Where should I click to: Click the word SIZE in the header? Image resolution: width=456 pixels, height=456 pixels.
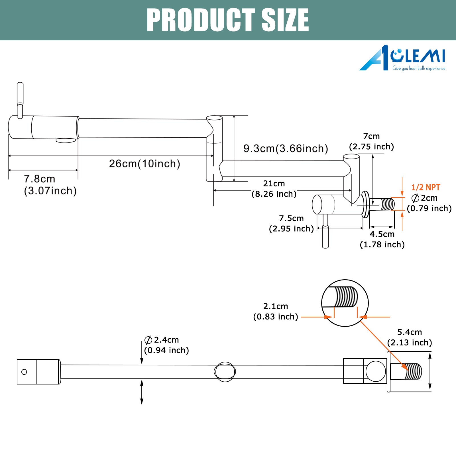pyautogui.click(x=285, y=20)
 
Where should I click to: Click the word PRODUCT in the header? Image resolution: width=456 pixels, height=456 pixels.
pyautogui.click(x=201, y=20)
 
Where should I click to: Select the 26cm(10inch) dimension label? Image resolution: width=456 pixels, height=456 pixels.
pyautogui.click(x=144, y=164)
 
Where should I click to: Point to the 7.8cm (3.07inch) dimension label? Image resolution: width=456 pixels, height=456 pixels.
pyautogui.click(x=50, y=185)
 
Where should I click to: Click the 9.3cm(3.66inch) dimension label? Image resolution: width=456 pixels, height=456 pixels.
pyautogui.click(x=286, y=148)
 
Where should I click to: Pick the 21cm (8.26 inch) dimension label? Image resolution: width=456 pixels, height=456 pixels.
pyautogui.click(x=274, y=189)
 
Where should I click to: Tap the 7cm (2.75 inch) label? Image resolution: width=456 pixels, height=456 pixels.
pyautogui.click(x=371, y=141)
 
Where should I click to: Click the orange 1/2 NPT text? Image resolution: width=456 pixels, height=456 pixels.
pyautogui.click(x=426, y=187)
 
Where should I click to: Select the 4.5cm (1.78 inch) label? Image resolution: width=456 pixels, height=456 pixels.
pyautogui.click(x=382, y=239)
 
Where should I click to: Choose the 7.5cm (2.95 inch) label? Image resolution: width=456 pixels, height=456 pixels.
pyautogui.click(x=291, y=223)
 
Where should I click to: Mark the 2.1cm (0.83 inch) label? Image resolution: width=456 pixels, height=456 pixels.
pyautogui.click(x=276, y=312)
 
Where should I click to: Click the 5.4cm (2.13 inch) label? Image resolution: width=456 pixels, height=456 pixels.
pyautogui.click(x=410, y=337)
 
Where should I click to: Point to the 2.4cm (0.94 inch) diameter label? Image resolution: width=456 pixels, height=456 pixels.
pyautogui.click(x=166, y=345)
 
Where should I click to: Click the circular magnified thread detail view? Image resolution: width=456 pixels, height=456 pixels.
pyautogui.click(x=345, y=303)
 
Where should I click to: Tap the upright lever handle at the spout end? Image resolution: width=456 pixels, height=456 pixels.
pyautogui.click(x=20, y=100)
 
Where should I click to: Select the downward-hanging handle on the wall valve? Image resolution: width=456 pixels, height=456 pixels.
pyautogui.click(x=325, y=231)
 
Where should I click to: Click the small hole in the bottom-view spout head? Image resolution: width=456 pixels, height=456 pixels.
pyautogui.click(x=24, y=372)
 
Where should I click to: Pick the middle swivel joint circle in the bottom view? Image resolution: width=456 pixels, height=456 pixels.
pyautogui.click(x=225, y=372)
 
